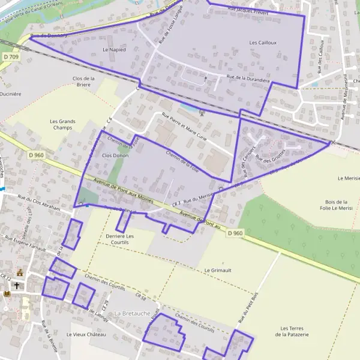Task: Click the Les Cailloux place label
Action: (x=262, y=43)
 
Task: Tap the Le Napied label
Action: (x=114, y=50)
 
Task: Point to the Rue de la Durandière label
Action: (x=248, y=79)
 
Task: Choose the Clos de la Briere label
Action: (x=85, y=82)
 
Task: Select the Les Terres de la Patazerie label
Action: (x=295, y=331)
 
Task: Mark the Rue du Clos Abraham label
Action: (x=39, y=202)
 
